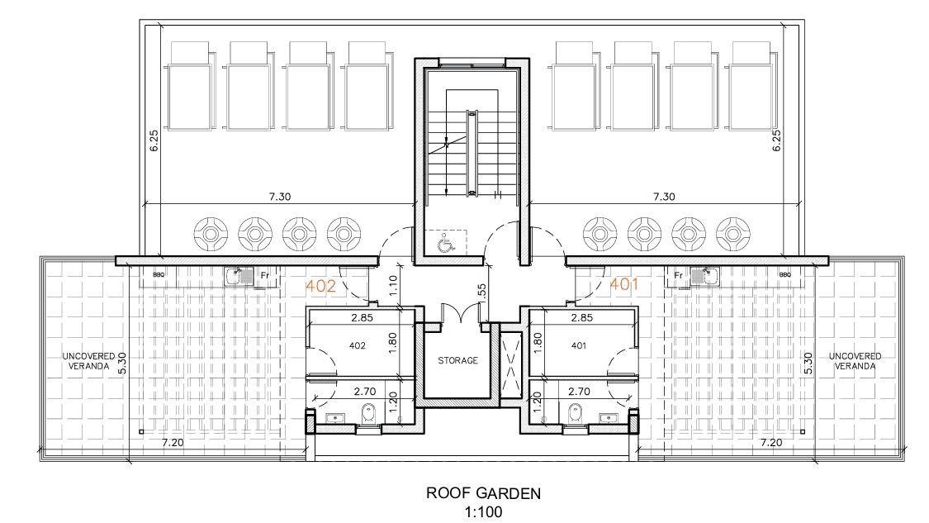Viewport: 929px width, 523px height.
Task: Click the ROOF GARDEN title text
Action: tap(483, 493)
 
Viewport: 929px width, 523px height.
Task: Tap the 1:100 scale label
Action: tap(483, 512)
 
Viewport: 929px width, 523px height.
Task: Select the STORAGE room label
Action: tap(457, 360)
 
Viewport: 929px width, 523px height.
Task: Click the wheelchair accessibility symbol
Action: tap(445, 243)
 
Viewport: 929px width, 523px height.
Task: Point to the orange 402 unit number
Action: tap(320, 287)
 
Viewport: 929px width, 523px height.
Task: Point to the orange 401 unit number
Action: tap(624, 284)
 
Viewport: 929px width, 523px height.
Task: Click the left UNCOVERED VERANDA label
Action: tap(89, 361)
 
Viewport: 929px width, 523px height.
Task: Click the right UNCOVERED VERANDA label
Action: tap(855, 361)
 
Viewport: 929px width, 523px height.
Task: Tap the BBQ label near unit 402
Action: tap(159, 275)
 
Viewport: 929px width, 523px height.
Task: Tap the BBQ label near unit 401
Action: tap(785, 275)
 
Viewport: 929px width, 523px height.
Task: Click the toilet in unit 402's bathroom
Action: tap(368, 414)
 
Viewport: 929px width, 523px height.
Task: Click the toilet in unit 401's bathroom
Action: tap(575, 414)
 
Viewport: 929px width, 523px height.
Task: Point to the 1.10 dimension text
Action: tap(393, 286)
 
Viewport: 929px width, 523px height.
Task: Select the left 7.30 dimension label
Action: tap(280, 197)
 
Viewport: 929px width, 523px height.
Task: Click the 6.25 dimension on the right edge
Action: tap(776, 140)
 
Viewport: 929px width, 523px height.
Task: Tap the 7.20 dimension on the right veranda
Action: tap(771, 442)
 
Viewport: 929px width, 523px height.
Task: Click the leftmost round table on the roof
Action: tap(211, 234)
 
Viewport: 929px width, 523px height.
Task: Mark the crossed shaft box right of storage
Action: tap(510, 365)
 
